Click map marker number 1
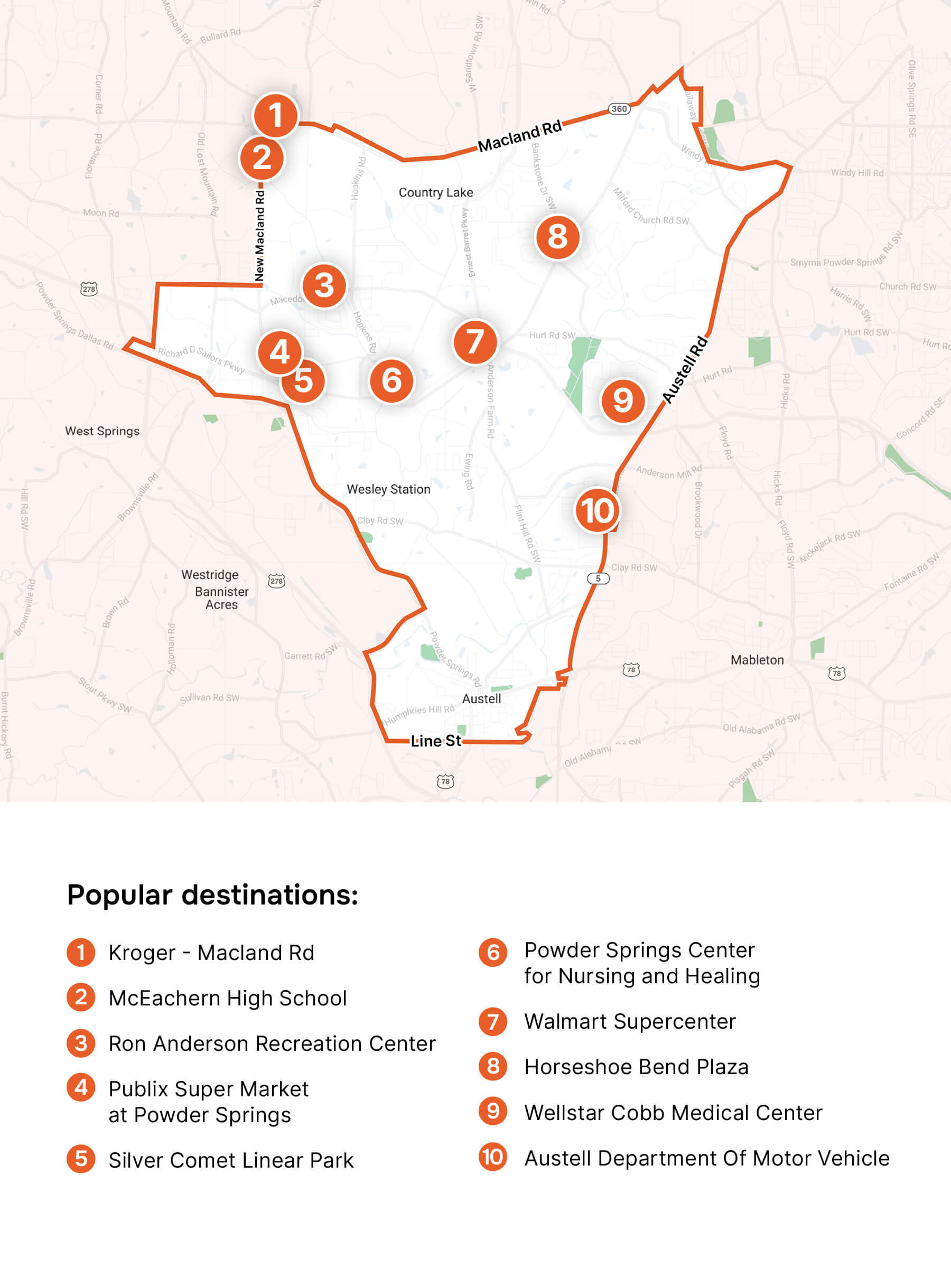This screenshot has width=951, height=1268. click(x=276, y=115)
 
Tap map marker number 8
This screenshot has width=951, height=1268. click(x=557, y=237)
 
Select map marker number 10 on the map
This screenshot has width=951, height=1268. click(x=596, y=510)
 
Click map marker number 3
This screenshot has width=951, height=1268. click(x=324, y=285)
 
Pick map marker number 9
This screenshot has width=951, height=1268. click(x=622, y=400)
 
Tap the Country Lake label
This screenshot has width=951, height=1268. click(x=436, y=193)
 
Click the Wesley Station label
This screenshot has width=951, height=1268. click(x=388, y=489)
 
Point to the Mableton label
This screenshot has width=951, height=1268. click(x=757, y=660)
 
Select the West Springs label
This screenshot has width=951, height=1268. click(x=102, y=431)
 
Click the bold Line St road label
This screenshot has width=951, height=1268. click(x=436, y=741)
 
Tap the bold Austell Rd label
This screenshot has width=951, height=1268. click(x=685, y=370)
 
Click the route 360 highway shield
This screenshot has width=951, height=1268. click(x=619, y=109)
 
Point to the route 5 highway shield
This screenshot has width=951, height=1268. click(x=598, y=579)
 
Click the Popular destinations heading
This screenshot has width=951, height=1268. click(x=213, y=894)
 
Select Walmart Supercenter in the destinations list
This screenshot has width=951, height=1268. click(x=629, y=1021)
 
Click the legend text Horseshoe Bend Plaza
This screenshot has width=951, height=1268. click(x=636, y=1067)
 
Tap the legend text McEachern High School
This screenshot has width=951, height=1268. click(x=228, y=998)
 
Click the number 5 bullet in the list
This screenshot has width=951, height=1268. click(x=81, y=1159)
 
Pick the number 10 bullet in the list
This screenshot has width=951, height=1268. click(x=493, y=1157)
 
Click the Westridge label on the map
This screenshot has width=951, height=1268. click(x=210, y=574)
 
